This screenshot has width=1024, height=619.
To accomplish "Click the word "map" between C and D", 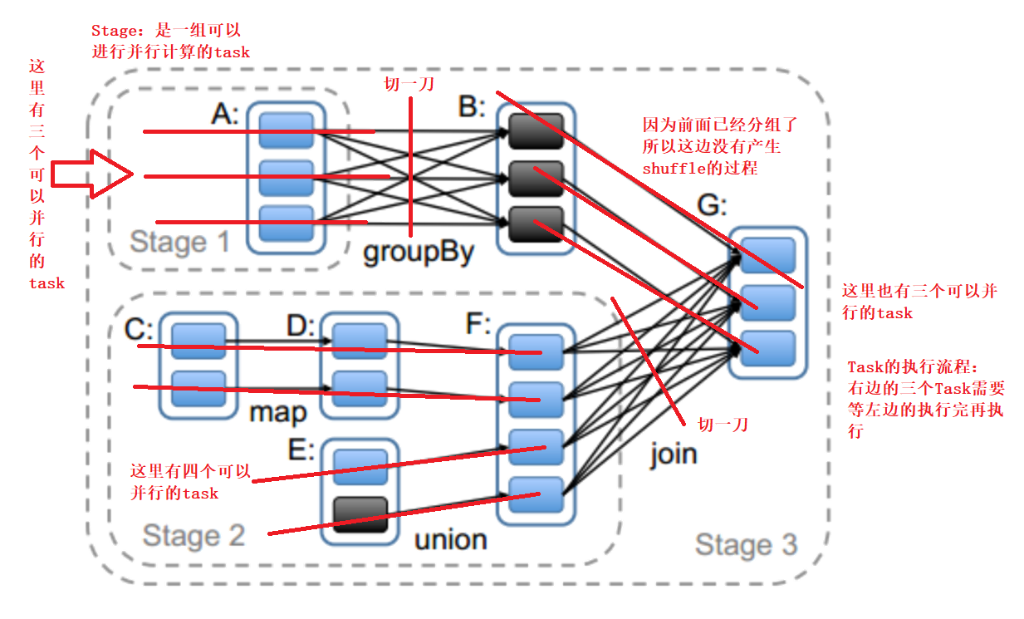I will pyautogui.click(x=278, y=411).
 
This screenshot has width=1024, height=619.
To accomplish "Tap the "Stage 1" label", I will pyautogui.click(x=179, y=243).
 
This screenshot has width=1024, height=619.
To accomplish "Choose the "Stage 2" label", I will pyautogui.click(x=193, y=536).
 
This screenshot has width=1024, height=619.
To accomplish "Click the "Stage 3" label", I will pyautogui.click(x=745, y=545).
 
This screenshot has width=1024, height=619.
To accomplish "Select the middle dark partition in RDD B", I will pyautogui.click(x=536, y=177).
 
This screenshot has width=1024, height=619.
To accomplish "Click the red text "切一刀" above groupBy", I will pyautogui.click(x=408, y=84).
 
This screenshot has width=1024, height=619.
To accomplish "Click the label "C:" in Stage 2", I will pyautogui.click(x=140, y=329).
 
